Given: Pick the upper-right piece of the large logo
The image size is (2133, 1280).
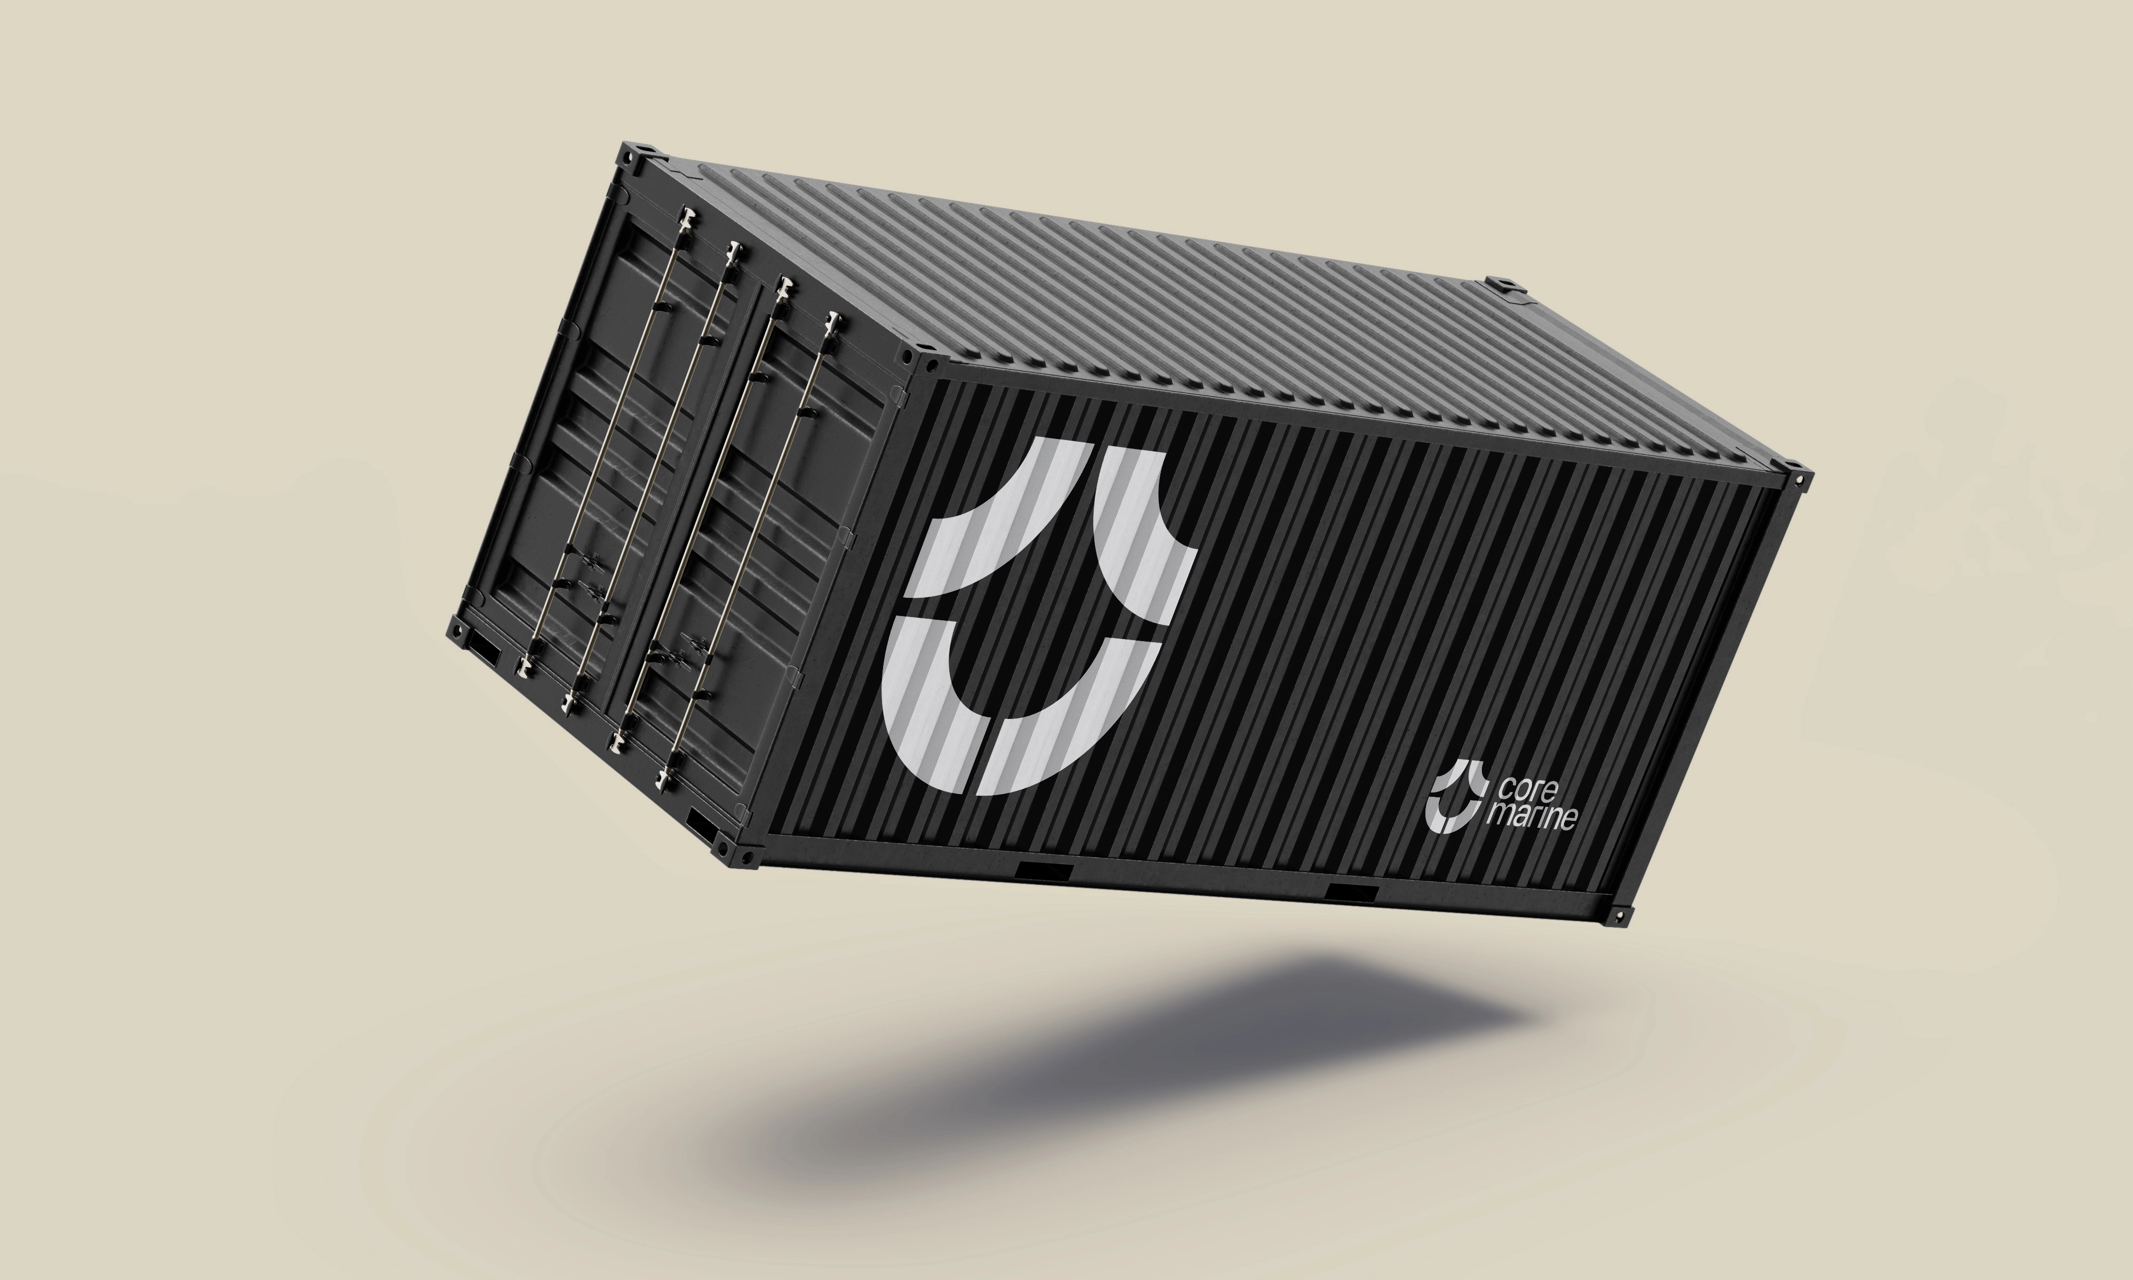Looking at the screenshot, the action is point(1145,535).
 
